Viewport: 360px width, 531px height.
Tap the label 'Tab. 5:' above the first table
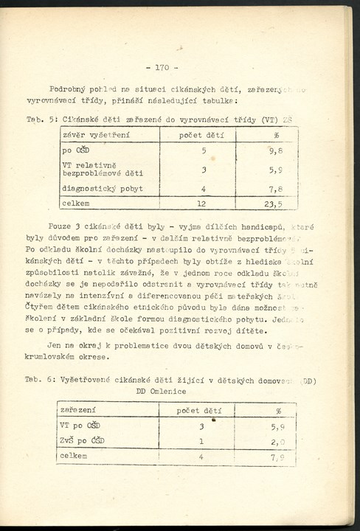click(x=37, y=119)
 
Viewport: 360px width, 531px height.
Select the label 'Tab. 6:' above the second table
click(x=37, y=381)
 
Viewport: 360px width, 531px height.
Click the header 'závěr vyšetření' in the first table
click(x=92, y=135)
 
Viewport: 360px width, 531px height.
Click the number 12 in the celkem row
click(x=201, y=204)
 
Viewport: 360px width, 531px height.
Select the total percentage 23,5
click(x=274, y=204)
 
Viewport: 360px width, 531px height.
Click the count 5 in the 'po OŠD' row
click(x=203, y=151)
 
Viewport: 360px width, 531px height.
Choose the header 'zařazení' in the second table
click(x=77, y=411)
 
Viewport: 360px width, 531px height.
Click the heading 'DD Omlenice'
click(x=161, y=392)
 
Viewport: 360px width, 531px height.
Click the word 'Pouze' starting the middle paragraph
click(x=60, y=227)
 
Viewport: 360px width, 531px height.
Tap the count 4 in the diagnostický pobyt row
click(x=202, y=189)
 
